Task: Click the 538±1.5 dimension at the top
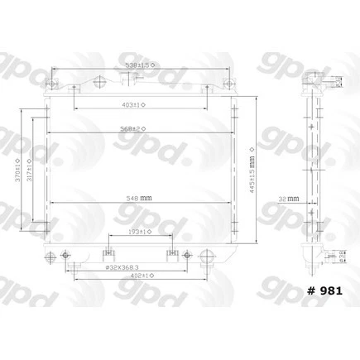click(137, 64)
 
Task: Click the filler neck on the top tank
click(126, 79)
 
